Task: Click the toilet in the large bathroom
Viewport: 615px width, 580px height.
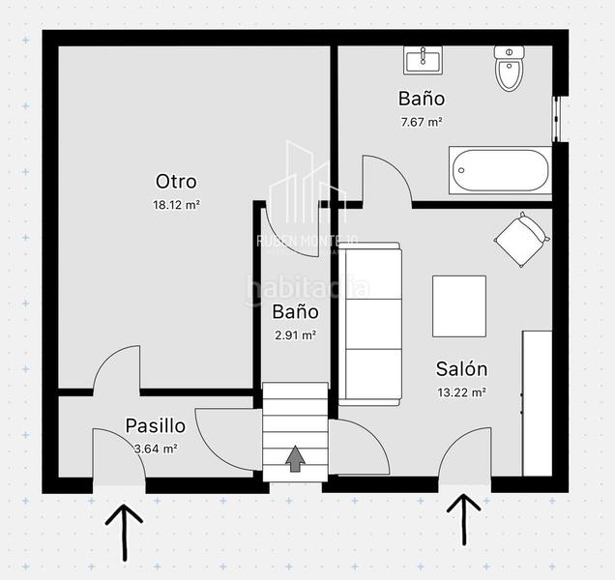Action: point(509,68)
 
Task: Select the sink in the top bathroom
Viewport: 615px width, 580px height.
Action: point(423,60)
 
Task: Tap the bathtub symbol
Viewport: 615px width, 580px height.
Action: point(499,171)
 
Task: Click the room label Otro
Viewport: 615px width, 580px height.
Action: point(176,182)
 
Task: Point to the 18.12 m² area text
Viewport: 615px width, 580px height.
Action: point(176,205)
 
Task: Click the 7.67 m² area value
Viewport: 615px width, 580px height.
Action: point(422,122)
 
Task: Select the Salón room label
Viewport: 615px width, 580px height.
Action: point(461,369)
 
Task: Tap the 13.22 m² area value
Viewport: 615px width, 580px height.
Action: point(461,392)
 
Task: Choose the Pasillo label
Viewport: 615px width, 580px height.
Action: point(155,425)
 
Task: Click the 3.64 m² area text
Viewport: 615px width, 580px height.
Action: point(155,448)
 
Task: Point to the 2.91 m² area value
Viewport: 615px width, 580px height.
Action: point(295,335)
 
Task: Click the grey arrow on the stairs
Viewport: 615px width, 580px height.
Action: point(295,459)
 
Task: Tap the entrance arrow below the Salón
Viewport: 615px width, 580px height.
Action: point(464,517)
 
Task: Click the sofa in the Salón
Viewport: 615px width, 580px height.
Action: point(371,326)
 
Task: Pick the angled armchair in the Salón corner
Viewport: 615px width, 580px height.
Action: point(521,239)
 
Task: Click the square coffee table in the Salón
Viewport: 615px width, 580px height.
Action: point(459,305)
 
